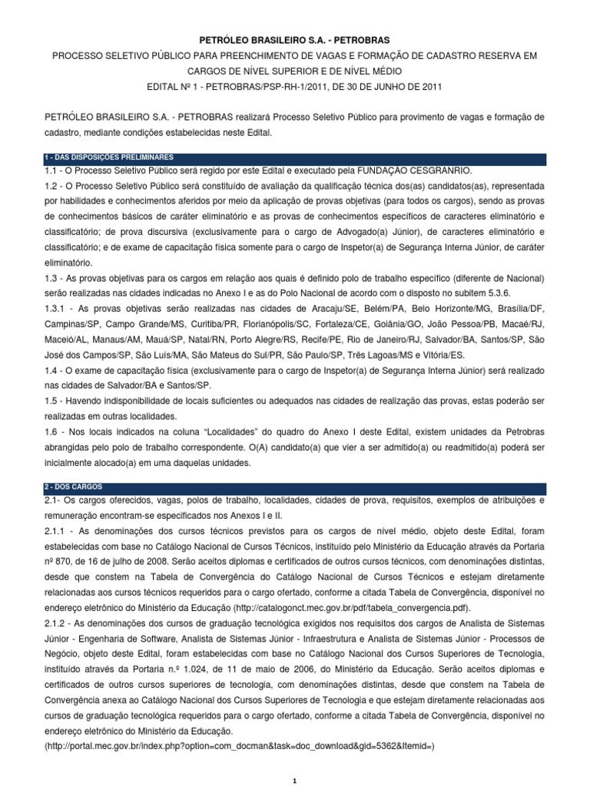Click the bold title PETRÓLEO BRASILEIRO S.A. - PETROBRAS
[x=296, y=38]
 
